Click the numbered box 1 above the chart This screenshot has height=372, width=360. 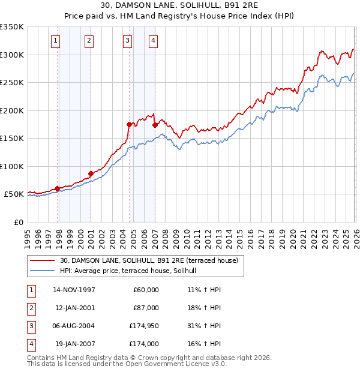[x=55, y=41]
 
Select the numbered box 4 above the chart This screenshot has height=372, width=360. [x=154, y=41]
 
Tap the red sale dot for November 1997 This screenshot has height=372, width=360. [x=58, y=188]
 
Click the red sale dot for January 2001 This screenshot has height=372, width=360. [x=91, y=173]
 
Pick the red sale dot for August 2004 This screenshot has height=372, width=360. [x=129, y=124]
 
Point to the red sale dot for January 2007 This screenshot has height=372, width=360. [x=155, y=125]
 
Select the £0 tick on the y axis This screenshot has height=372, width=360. [x=19, y=222]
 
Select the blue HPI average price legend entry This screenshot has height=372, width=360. [x=133, y=271]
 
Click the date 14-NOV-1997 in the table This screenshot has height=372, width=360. [x=74, y=290]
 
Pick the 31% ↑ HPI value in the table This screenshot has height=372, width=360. [x=204, y=326]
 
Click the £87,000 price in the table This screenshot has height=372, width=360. [x=145, y=308]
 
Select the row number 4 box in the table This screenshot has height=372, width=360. [x=30, y=344]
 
